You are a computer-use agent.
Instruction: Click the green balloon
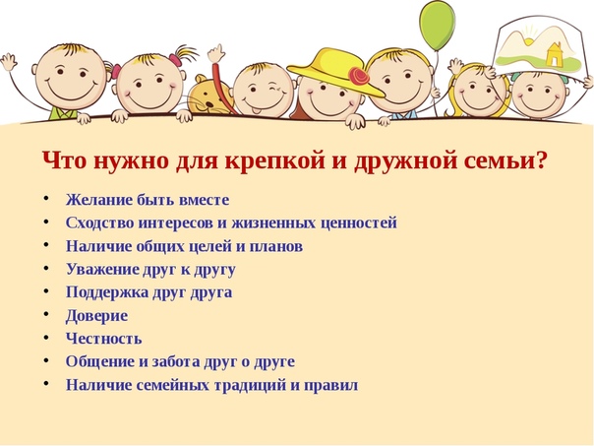(437, 25)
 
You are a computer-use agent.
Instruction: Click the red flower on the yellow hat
(358, 75)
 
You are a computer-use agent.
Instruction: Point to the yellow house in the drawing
(554, 54)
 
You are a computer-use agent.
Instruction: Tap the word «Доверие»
(96, 316)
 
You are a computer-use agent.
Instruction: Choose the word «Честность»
(104, 339)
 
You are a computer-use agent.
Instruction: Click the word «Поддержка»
(107, 292)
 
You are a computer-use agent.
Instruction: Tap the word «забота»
(176, 361)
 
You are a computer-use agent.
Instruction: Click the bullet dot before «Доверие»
(46, 314)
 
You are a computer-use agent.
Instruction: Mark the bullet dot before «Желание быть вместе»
(46, 198)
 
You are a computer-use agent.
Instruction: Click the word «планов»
(275, 246)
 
